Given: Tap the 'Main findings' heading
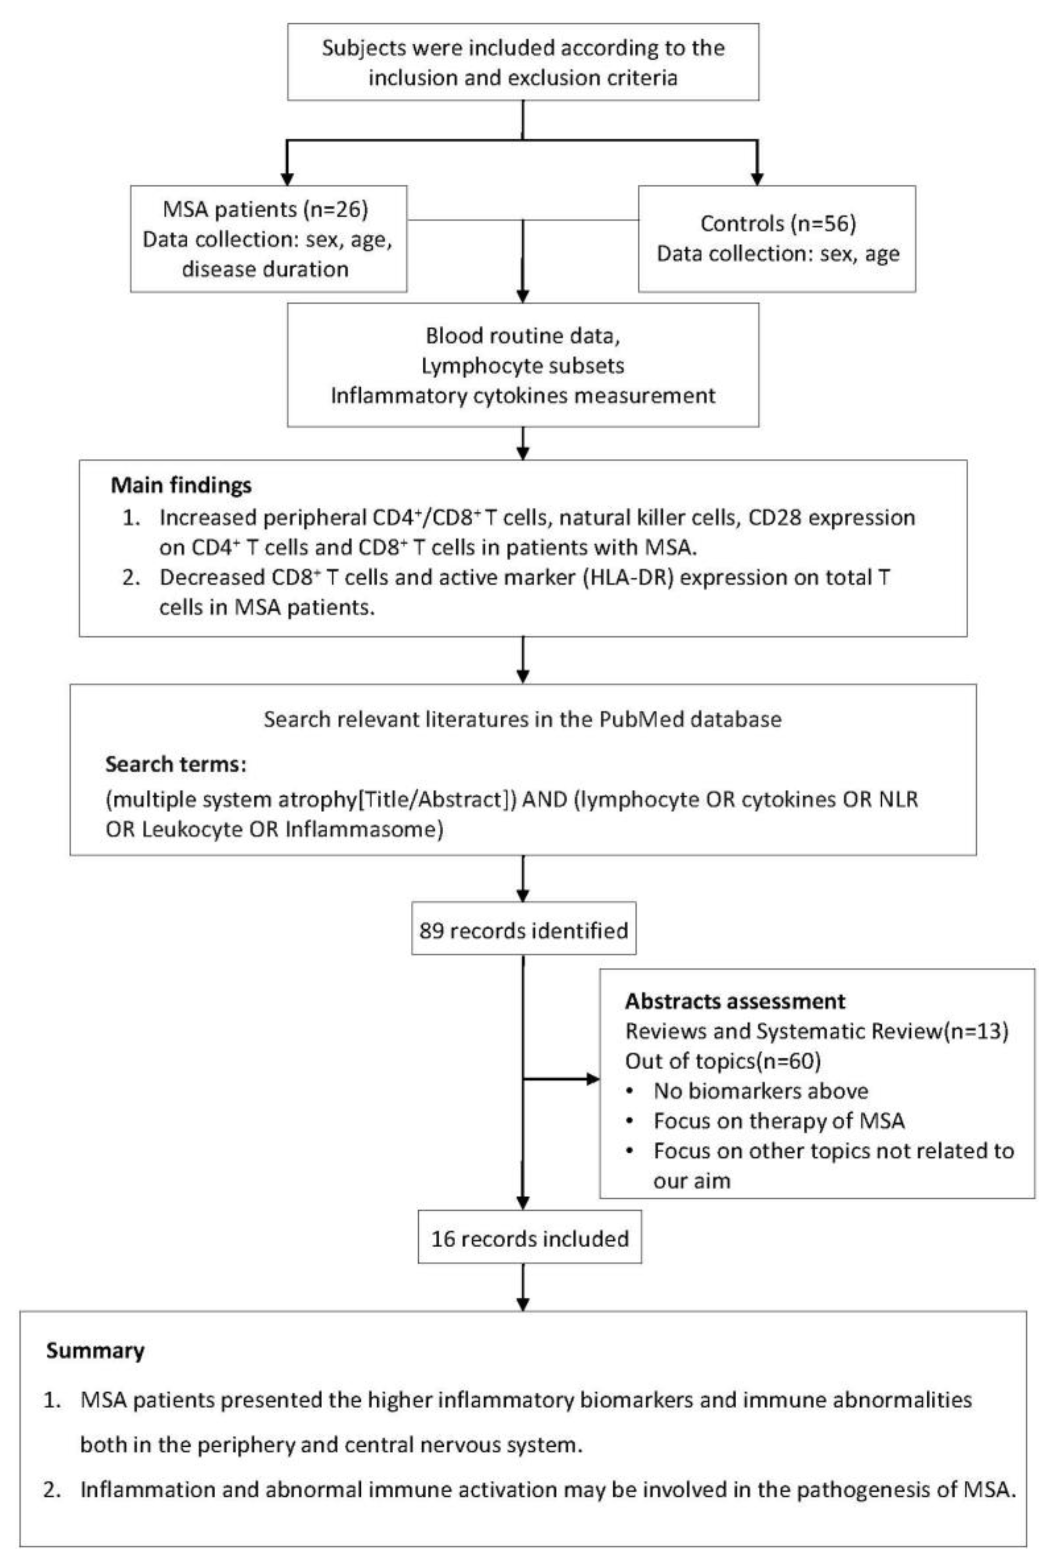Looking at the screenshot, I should pyautogui.click(x=181, y=485).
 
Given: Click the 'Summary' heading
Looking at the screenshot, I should pyautogui.click(x=95, y=1350).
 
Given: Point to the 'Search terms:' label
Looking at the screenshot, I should pyautogui.click(x=176, y=764).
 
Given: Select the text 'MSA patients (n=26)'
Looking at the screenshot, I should pyautogui.click(x=264, y=210).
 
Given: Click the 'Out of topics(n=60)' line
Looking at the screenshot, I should pyautogui.click(x=722, y=1061).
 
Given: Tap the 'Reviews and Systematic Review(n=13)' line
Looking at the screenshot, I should pyautogui.click(x=816, y=1031).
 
